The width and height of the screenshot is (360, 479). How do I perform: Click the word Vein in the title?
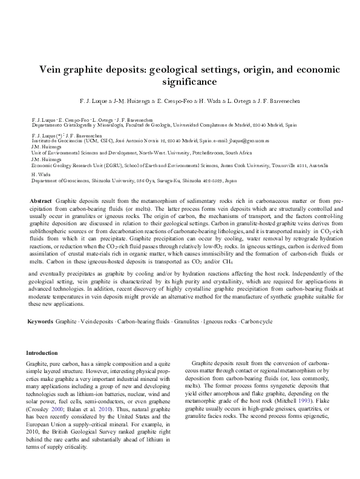(x=53, y=69)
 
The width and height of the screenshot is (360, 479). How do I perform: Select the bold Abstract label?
(x=41, y=200)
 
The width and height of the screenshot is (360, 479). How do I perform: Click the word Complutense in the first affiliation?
(x=225, y=124)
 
